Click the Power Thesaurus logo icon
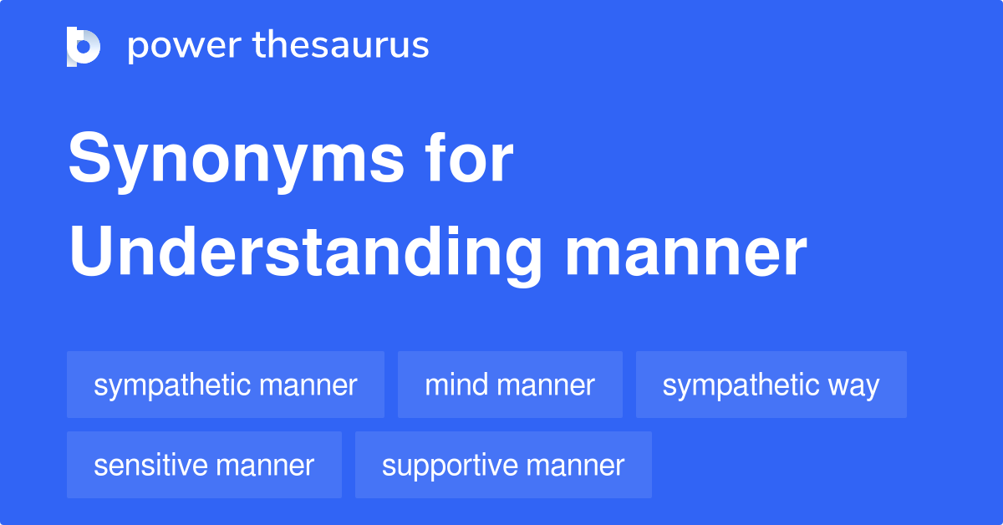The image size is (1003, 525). pos(84,46)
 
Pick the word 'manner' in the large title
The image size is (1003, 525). pos(685,255)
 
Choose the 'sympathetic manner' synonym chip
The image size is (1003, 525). pos(226,385)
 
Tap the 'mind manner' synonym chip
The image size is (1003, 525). pos(510,385)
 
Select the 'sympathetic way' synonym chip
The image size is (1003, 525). pos(771,385)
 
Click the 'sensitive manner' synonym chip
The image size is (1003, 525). pos(204,466)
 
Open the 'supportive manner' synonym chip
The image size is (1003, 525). pos(503,466)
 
